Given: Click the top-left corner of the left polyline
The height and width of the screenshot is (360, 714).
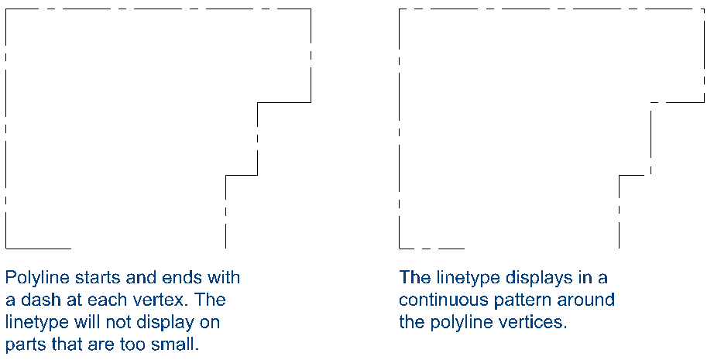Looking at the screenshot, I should (6, 9).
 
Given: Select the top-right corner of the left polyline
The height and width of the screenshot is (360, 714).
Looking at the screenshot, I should (311, 9).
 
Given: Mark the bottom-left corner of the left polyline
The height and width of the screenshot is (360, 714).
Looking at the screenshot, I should (6, 249).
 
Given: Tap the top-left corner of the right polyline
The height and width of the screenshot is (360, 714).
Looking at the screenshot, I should (400, 9).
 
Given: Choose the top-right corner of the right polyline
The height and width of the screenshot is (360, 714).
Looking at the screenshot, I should (704, 9).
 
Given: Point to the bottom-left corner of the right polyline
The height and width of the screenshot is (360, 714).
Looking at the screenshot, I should (400, 249).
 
